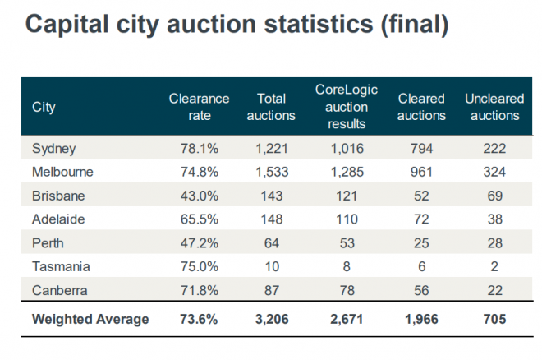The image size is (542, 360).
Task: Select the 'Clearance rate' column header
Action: point(199,107)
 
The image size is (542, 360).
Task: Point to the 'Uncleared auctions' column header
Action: point(494,107)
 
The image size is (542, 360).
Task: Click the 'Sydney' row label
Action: point(53,149)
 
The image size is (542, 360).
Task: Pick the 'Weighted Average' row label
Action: point(90,319)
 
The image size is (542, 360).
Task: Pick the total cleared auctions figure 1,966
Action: point(421,319)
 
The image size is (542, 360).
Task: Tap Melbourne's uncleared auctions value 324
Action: point(495,173)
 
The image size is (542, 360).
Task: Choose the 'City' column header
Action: point(44,108)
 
